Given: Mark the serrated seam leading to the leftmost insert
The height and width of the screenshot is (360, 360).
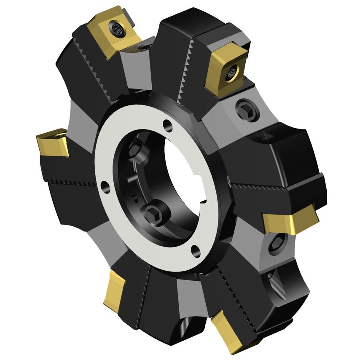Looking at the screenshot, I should tap(72, 182).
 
